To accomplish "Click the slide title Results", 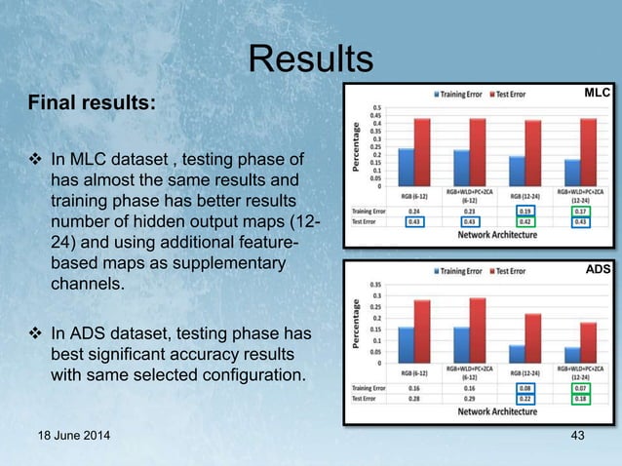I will [310, 59].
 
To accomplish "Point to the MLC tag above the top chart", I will [596, 93].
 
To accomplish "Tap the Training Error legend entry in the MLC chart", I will [460, 95].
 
